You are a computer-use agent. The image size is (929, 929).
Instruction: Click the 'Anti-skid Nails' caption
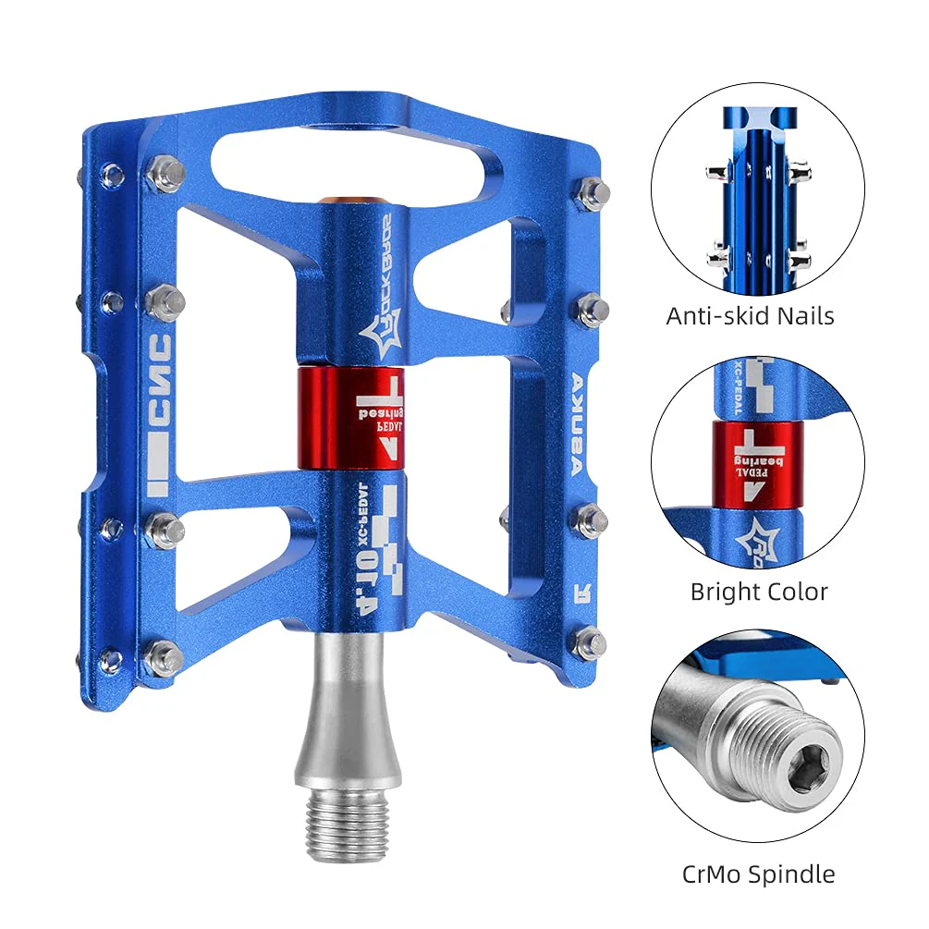[x=750, y=316]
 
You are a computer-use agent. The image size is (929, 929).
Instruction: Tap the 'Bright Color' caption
[x=759, y=592]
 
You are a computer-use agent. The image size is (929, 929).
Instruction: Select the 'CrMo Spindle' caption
[x=758, y=874]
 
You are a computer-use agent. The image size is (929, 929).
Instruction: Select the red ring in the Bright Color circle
[x=757, y=464]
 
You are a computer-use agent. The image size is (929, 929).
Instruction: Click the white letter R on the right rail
[x=581, y=590]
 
